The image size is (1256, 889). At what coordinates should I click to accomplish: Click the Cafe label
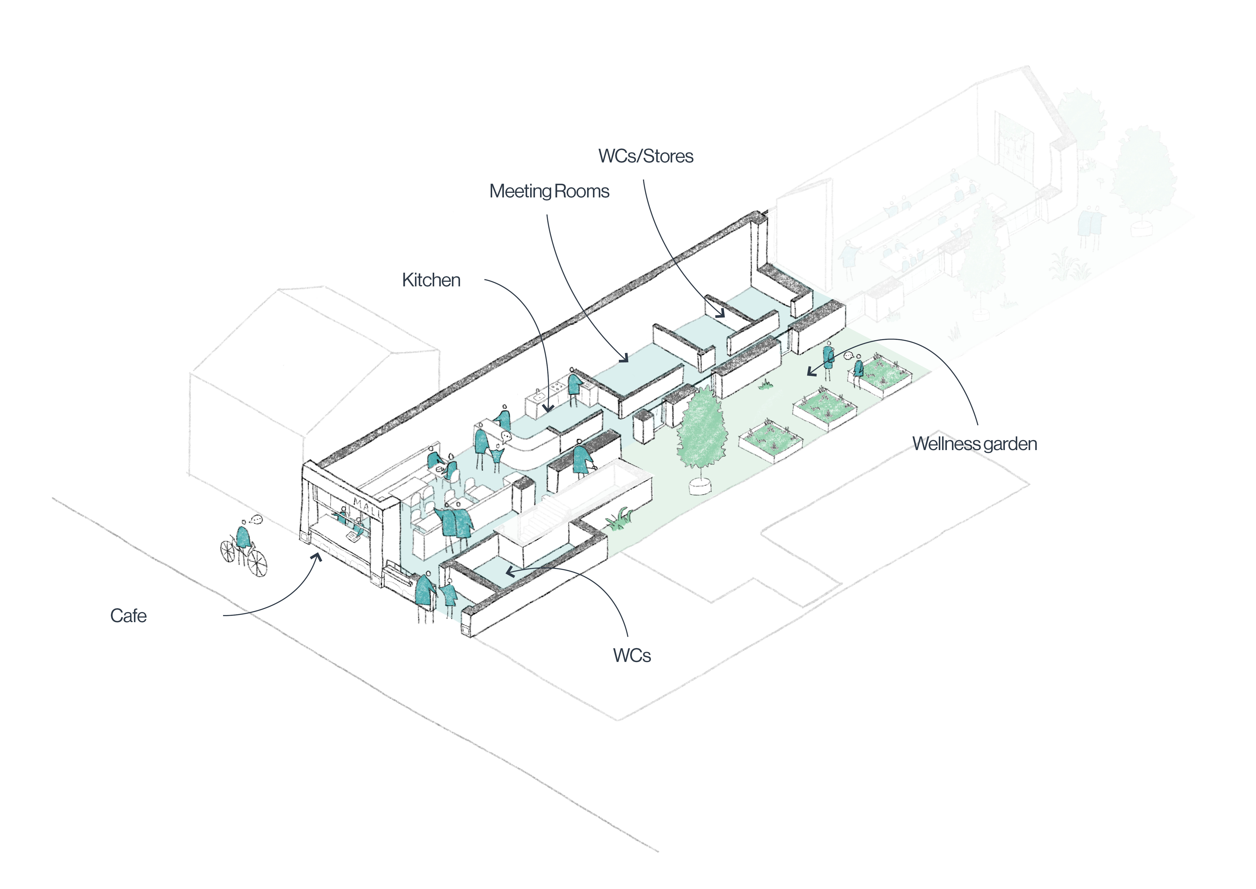tap(128, 616)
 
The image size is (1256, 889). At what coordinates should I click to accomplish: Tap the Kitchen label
tap(431, 280)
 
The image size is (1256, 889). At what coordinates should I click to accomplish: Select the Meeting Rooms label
tap(549, 191)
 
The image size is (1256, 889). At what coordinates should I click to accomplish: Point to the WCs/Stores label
tap(646, 156)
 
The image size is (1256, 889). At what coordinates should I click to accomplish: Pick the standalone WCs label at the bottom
tap(632, 655)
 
